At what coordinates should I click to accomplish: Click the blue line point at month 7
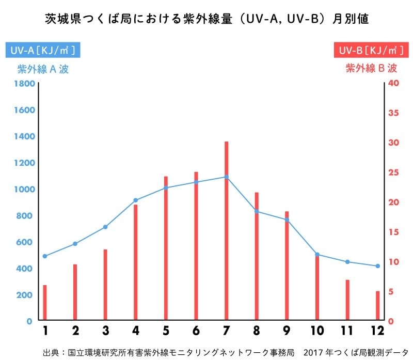point(226,177)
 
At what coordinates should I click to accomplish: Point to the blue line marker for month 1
point(45,256)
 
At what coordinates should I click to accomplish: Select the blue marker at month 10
point(317,255)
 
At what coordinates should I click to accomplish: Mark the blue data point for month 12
point(377,266)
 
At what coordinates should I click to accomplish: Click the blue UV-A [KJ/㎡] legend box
point(43,51)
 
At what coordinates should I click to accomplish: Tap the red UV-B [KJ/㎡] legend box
point(369,51)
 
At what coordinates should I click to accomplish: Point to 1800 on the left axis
point(24,84)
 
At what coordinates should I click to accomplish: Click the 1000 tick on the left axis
point(24,190)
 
